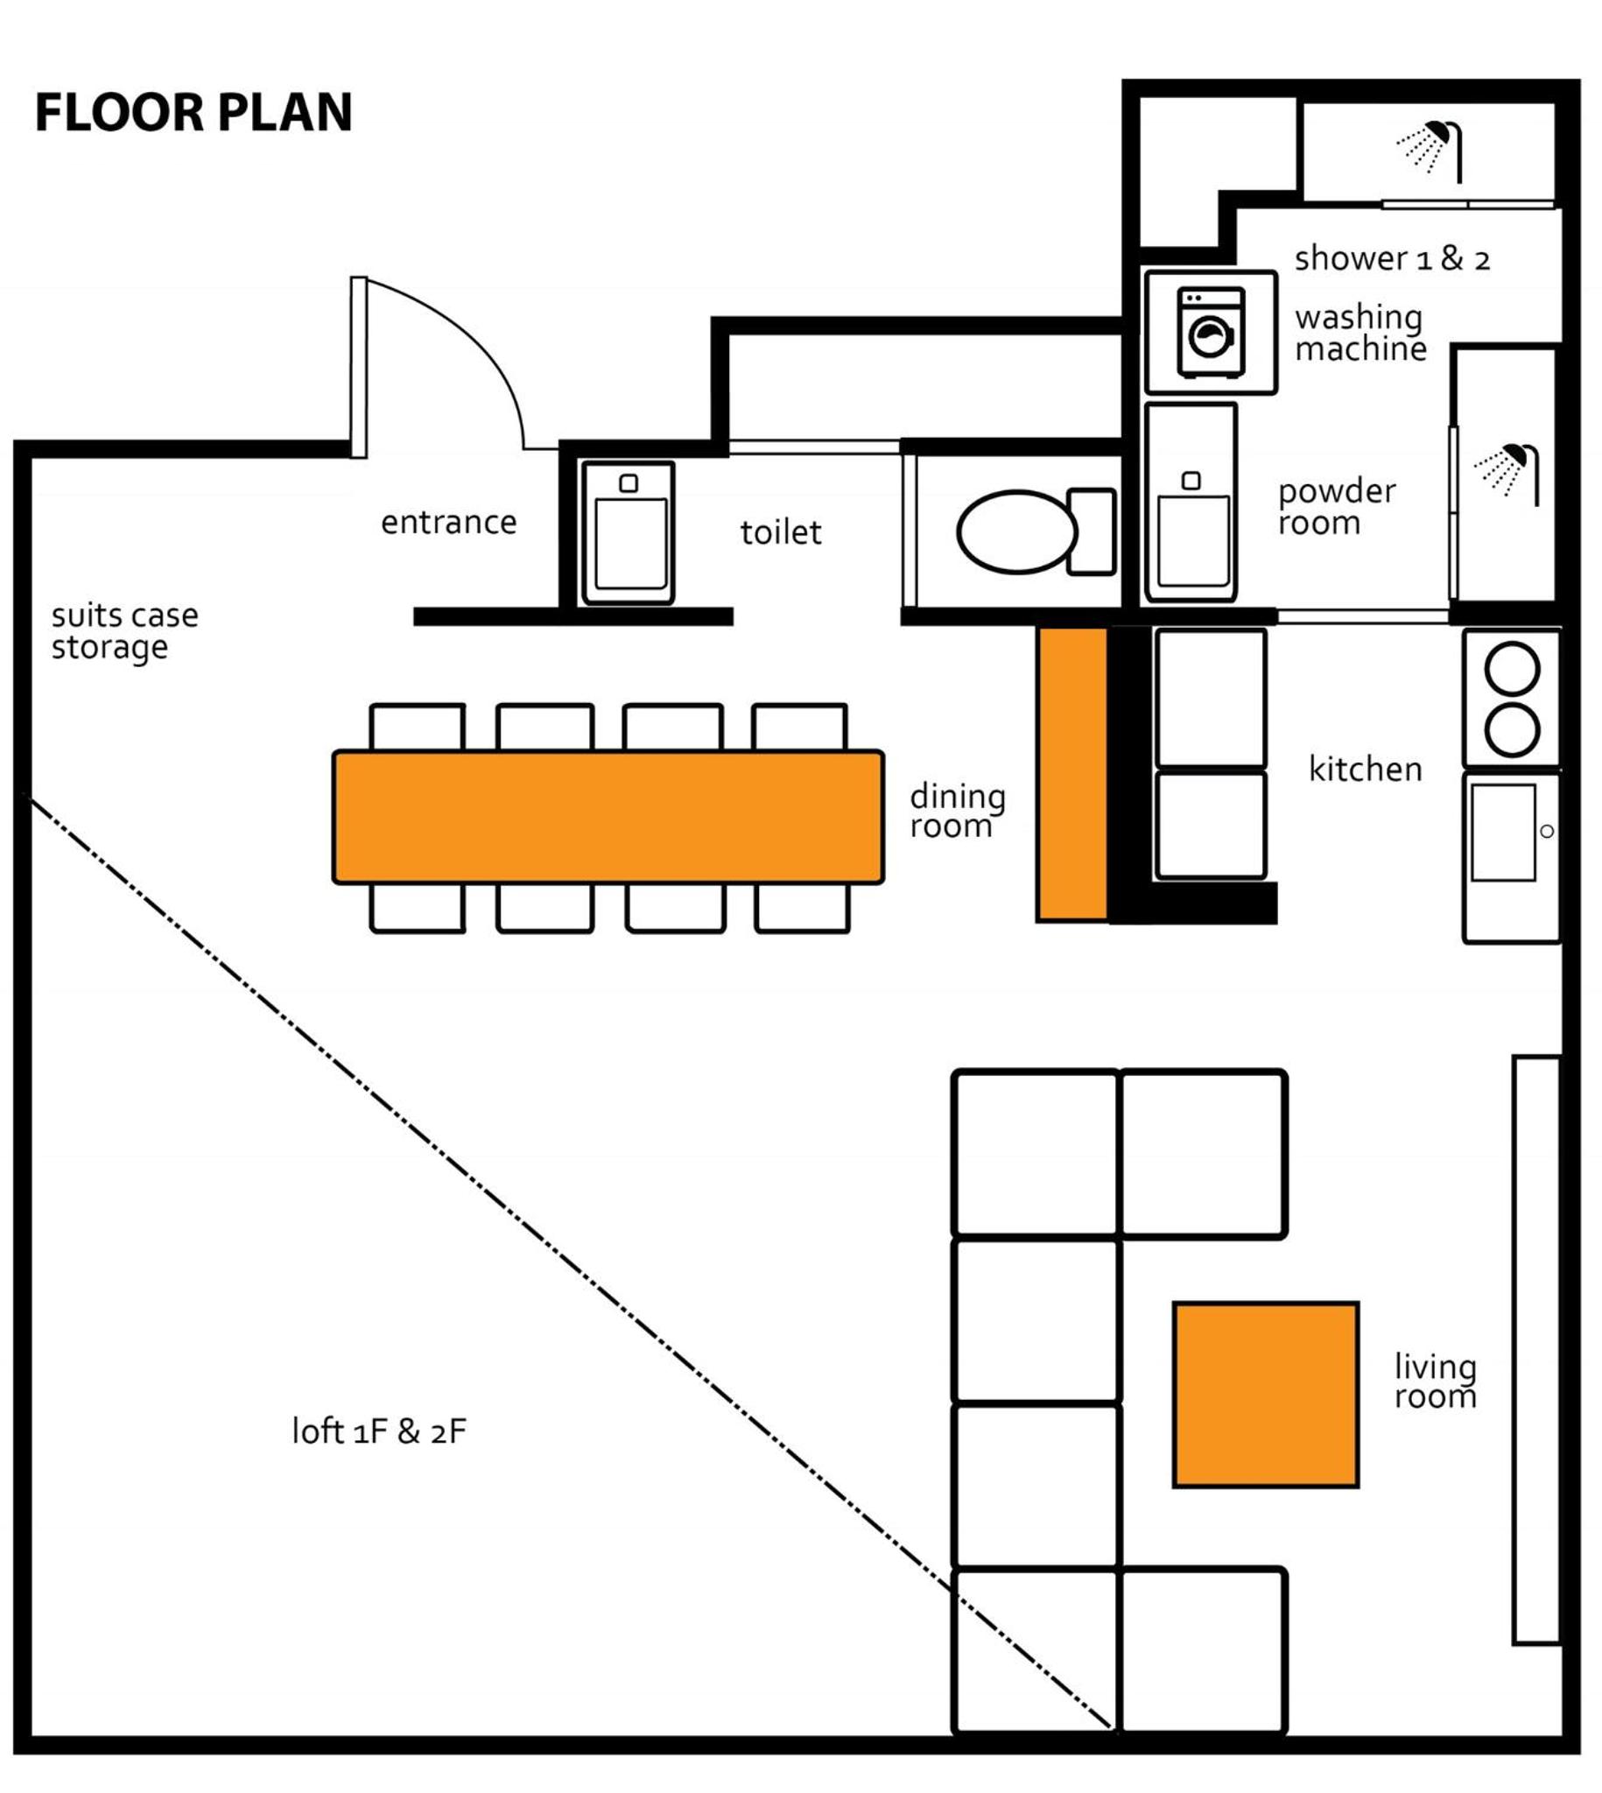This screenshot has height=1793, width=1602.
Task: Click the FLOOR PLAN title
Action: tap(193, 113)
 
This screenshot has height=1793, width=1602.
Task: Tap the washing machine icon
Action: tap(1212, 333)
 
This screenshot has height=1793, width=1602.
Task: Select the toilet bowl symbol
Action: tap(1036, 531)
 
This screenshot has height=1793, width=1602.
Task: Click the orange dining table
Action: tap(608, 817)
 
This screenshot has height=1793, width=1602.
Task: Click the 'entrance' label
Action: tap(449, 523)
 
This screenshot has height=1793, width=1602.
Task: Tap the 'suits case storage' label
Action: tap(125, 631)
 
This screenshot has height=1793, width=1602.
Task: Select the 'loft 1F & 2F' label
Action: tap(379, 1431)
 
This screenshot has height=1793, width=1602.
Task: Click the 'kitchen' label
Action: tap(1366, 769)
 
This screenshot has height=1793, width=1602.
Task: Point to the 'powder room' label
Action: tap(1337, 507)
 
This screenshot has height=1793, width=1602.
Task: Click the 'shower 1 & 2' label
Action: tap(1393, 259)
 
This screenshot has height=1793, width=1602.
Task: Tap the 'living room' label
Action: tap(1436, 1381)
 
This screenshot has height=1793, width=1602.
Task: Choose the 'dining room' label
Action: tap(958, 811)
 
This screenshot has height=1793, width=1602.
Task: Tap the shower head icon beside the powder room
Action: tap(1507, 475)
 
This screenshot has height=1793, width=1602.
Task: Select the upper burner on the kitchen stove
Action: tap(1512, 669)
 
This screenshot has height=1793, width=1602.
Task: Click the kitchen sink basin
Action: tap(1503, 832)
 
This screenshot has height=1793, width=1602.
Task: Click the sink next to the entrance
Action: tap(629, 533)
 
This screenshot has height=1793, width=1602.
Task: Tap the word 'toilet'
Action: tap(781, 532)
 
